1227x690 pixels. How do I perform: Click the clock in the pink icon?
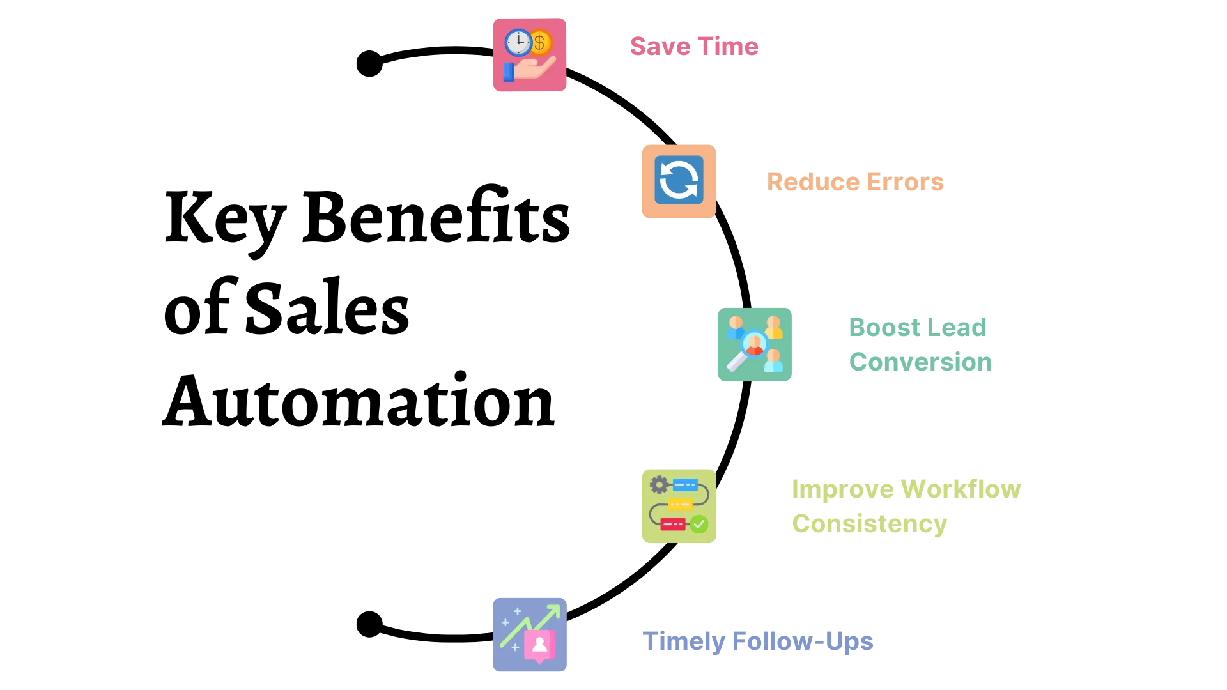[x=518, y=43]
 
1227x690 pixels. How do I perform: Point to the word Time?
[x=728, y=47]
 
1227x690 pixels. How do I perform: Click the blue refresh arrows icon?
[x=679, y=180]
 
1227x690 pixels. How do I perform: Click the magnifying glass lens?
[x=754, y=344]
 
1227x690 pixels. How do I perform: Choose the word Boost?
[x=879, y=327]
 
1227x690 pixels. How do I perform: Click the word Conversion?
[x=920, y=362]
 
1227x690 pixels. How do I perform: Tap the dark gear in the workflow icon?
[x=659, y=485]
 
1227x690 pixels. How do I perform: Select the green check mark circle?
[x=699, y=525]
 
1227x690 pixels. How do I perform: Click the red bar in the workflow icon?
[x=672, y=525]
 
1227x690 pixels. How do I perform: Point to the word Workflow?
[x=961, y=489]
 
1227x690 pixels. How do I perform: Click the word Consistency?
[x=870, y=523]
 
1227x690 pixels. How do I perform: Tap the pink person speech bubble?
[x=539, y=646]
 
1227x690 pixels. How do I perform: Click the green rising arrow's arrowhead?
[x=554, y=611]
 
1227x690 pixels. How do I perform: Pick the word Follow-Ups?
[x=802, y=642]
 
